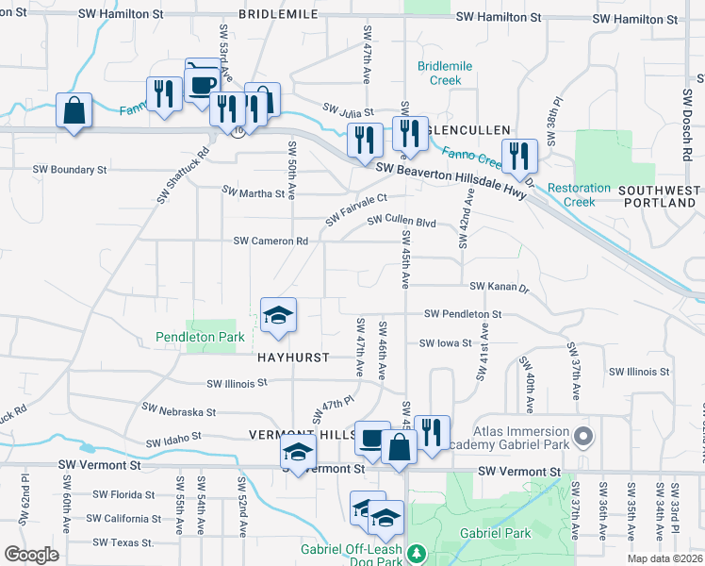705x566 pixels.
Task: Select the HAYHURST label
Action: (294, 358)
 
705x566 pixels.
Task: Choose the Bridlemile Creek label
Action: (439, 74)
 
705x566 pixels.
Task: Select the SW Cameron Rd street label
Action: (271, 241)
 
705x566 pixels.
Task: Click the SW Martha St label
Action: (253, 192)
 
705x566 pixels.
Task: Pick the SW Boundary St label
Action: (70, 170)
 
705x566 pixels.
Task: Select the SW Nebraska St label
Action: (179, 411)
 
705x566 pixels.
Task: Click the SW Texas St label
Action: (123, 542)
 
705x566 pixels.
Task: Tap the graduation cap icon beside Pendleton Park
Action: (279, 316)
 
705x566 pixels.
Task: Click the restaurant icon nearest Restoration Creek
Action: (519, 156)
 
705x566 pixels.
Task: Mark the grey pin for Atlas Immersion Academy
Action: (584, 436)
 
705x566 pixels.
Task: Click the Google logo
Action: (31, 555)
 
